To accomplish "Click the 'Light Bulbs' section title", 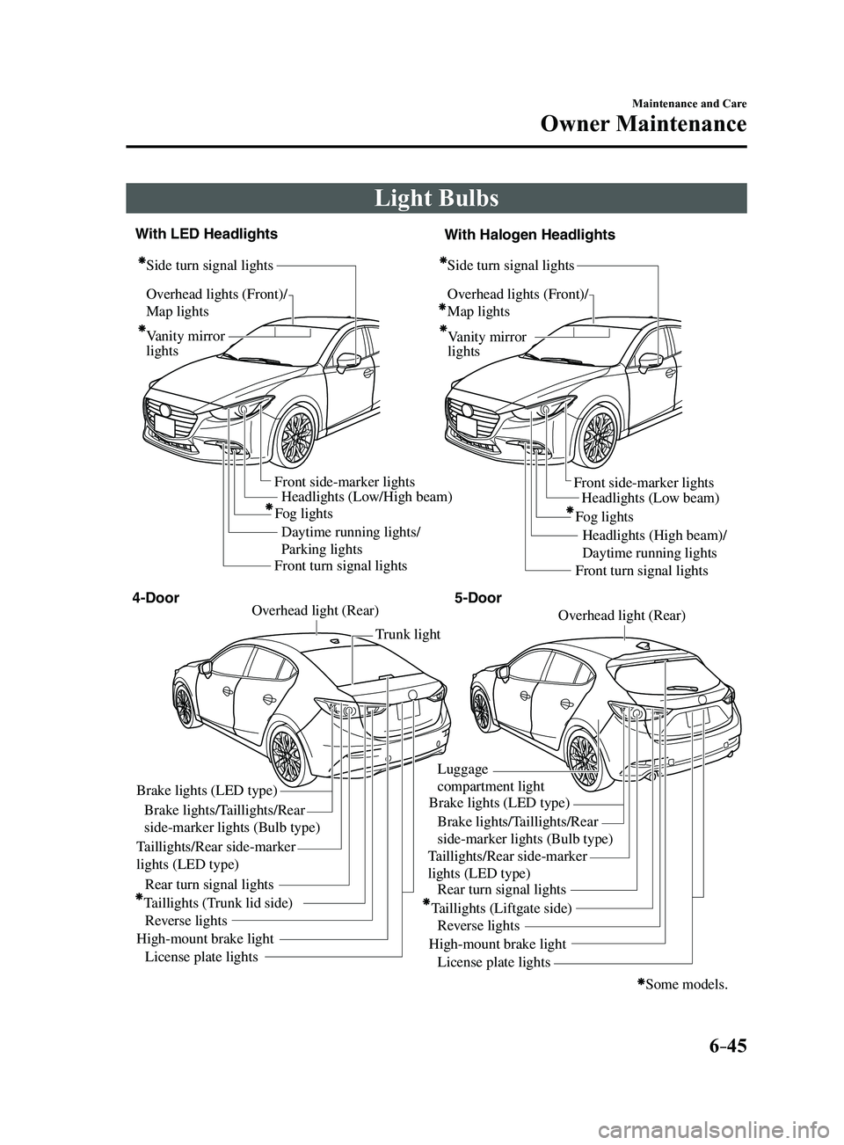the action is [436, 199].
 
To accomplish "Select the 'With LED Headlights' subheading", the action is [207, 234].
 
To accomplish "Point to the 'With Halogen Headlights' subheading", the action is [530, 235].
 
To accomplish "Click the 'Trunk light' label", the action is [408, 634].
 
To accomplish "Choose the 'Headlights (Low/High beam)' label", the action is [367, 496].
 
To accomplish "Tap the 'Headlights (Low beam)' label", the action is [651, 498].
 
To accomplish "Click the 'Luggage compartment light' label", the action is [491, 777].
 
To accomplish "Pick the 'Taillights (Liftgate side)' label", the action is [498, 908].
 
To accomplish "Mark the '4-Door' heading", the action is [156, 597].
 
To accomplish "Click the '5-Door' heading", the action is [478, 597].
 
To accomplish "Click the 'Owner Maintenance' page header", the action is [644, 124].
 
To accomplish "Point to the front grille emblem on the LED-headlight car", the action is [165, 410].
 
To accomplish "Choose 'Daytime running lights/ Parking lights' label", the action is [352, 540].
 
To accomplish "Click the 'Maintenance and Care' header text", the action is [689, 104].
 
